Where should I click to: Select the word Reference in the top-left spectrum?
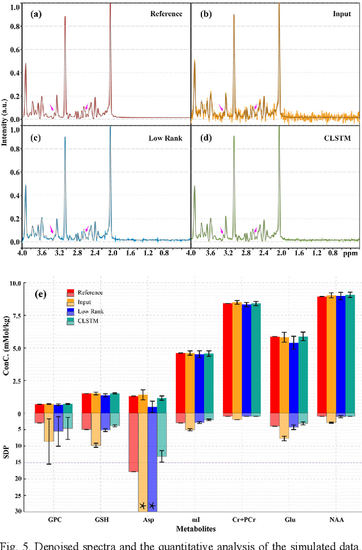166,13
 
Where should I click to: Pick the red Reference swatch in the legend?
72,293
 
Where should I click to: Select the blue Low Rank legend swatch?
72,311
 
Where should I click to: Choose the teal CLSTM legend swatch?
72,320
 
